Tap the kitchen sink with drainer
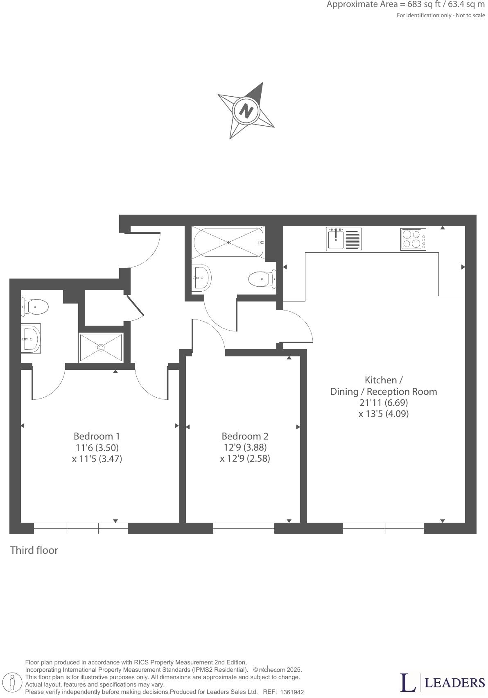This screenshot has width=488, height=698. tap(343, 239)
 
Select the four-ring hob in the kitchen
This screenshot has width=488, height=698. tap(413, 239)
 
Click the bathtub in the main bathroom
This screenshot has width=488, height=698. tap(228, 242)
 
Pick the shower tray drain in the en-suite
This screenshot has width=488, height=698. tap(101, 348)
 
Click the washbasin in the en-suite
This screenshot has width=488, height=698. tap(31, 338)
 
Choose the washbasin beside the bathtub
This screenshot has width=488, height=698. tap(201, 277)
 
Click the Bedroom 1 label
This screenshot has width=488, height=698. tap(97, 436)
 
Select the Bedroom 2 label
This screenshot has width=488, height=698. tap(245, 436)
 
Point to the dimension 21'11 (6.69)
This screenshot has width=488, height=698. tap(384, 403)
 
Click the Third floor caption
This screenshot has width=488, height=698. tap(34, 550)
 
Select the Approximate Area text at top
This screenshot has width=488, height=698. tap(405, 5)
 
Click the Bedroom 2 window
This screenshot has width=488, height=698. tap(244, 528)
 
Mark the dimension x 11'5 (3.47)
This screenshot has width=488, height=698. tap(97, 459)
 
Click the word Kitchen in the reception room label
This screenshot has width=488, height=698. tap(380, 380)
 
